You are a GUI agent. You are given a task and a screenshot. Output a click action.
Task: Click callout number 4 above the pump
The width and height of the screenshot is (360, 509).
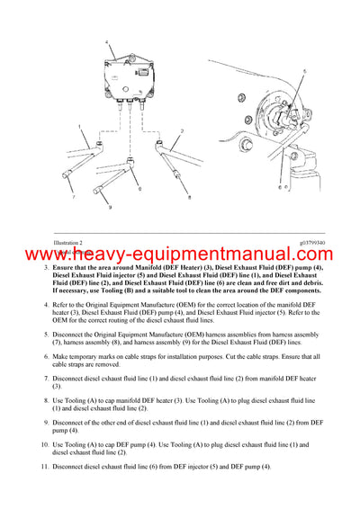pyautogui.click(x=108, y=42)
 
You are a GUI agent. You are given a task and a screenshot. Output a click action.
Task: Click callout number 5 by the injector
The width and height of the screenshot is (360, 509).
pyautogui.click(x=303, y=70)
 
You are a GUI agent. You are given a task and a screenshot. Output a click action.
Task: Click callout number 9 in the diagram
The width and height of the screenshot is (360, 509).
pyautogui.click(x=110, y=208)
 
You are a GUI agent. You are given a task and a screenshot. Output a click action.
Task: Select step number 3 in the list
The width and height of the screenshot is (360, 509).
pyautogui.click(x=46, y=270)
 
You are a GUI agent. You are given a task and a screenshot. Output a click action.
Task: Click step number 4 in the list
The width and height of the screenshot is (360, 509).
pyautogui.click(x=46, y=305)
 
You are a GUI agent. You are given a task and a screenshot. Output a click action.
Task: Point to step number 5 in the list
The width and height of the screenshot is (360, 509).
pyautogui.click(x=46, y=332)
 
